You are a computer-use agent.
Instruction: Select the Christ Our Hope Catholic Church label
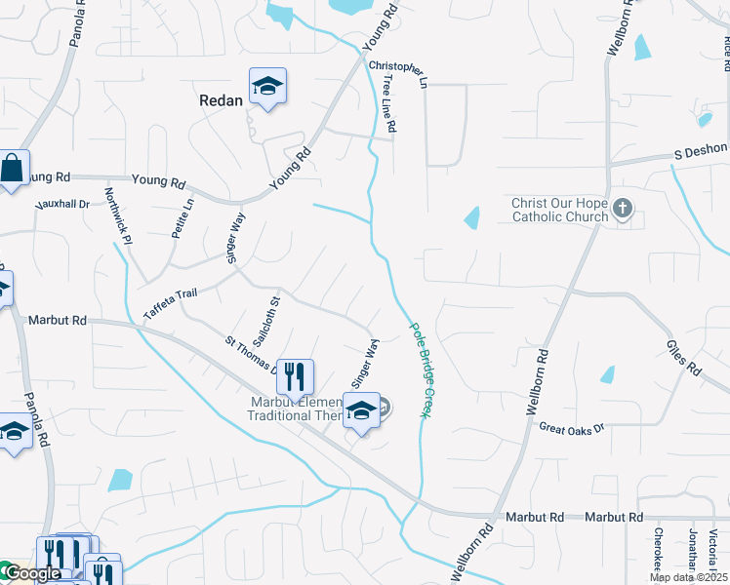pyautogui.click(x=559, y=210)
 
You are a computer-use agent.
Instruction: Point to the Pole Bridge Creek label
pyautogui.click(x=420, y=370)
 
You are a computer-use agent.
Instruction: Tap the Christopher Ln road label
pyautogui.click(x=398, y=70)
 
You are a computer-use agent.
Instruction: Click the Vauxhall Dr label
pyautogui.click(x=62, y=205)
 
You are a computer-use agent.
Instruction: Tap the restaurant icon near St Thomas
pyautogui.click(x=296, y=375)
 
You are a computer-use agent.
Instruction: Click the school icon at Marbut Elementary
pyautogui.click(x=361, y=411)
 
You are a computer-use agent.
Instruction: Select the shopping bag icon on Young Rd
pyautogui.click(x=13, y=169)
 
